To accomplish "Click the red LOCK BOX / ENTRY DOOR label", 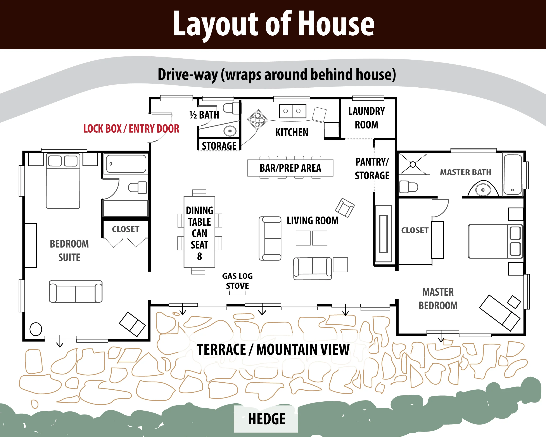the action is pos(131,129).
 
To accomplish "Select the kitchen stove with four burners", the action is pos(257,120).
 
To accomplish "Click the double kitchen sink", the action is pos(292,111).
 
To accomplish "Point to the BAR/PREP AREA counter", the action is pos(290,168).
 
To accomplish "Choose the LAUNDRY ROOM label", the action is pos(366,118).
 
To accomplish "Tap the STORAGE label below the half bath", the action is pos(219,146).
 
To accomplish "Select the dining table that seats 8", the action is pos(200,232).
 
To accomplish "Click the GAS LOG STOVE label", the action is pos(237,281).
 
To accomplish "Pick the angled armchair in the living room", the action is pos(345,208).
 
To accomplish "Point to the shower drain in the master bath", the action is pos(413,164).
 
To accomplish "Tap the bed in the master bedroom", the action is pos(495,241).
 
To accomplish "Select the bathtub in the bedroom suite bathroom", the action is pos(126,164).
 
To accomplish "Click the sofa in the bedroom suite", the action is pos(76,291).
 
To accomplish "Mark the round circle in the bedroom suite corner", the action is pos(36,329).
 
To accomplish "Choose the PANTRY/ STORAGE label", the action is pos(372,169).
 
